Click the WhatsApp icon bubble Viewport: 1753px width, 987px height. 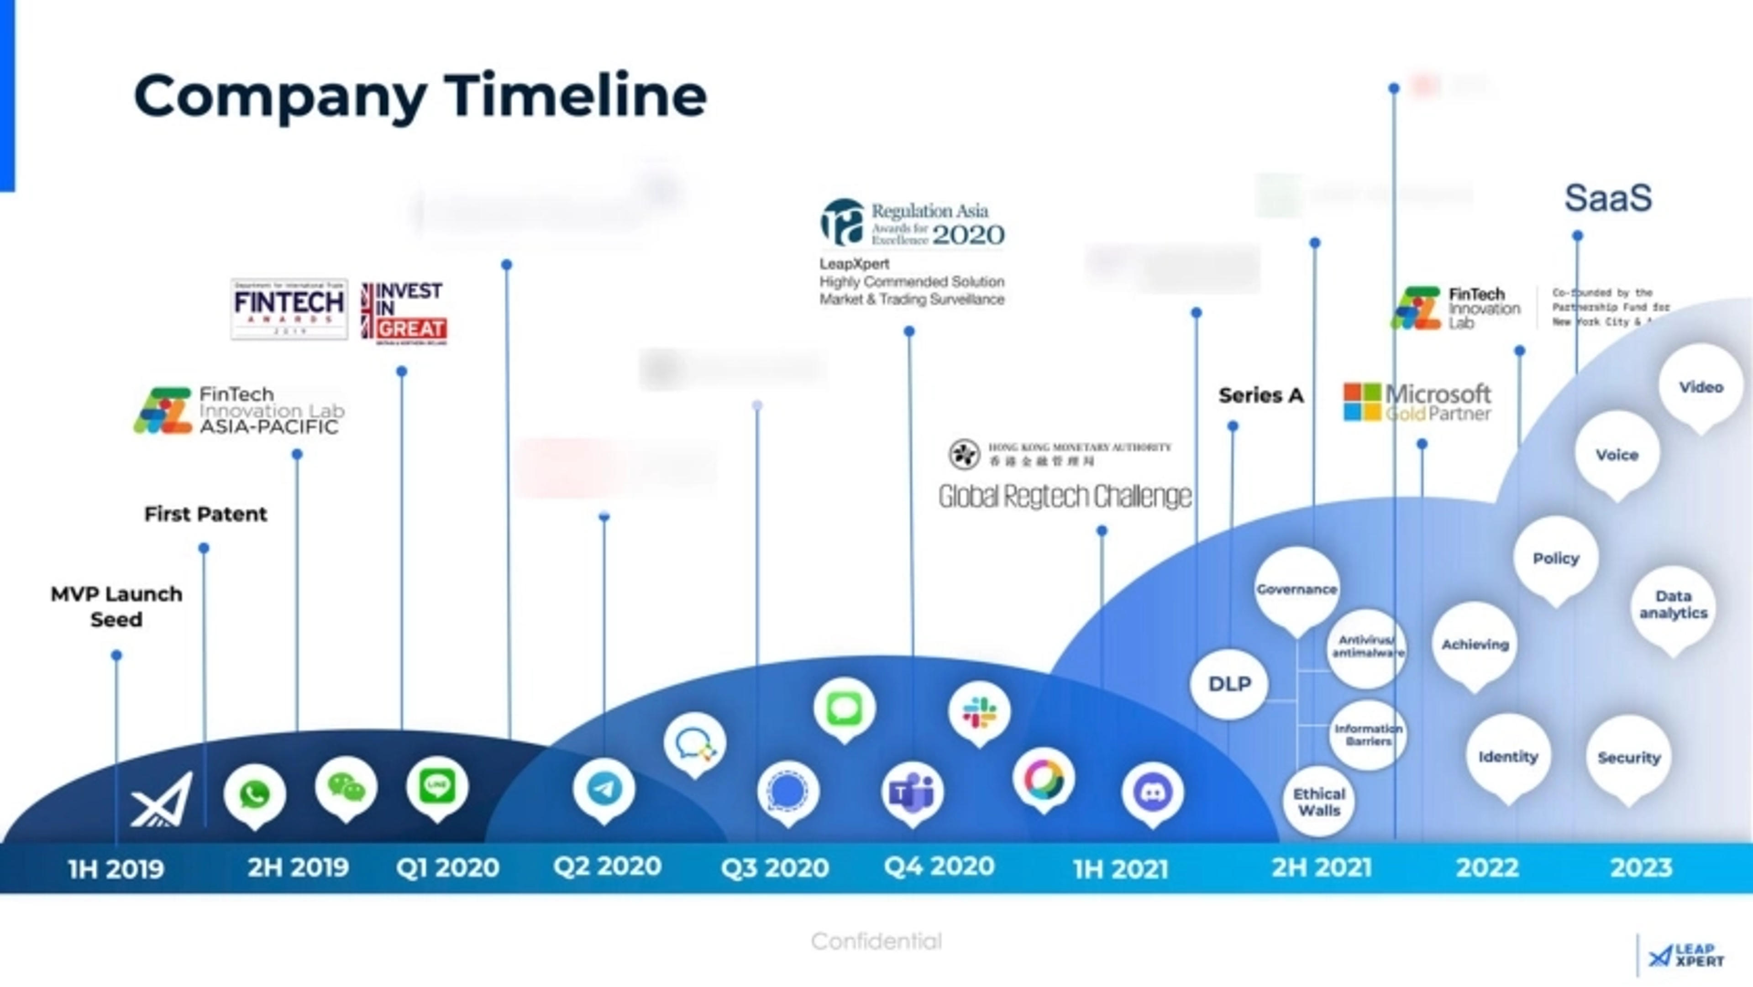point(255,794)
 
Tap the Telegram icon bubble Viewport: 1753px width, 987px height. point(604,788)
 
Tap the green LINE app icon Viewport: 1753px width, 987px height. point(437,786)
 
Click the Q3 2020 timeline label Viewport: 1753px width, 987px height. point(774,868)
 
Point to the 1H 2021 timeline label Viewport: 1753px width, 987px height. point(1120,869)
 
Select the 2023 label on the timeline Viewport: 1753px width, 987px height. point(1641,868)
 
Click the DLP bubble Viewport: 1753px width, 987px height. point(1229,684)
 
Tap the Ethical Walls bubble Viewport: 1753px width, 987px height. point(1319,802)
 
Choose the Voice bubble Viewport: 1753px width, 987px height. point(1617,455)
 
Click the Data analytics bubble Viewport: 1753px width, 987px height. point(1673,604)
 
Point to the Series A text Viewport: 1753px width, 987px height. point(1260,395)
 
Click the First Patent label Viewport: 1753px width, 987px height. point(205,514)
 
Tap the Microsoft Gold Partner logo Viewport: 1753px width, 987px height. point(1417,402)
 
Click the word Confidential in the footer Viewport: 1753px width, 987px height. point(876,941)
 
